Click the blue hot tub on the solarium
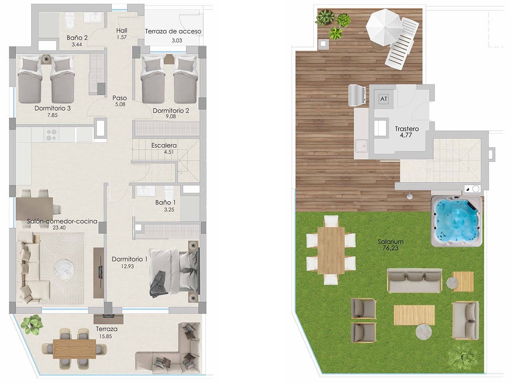[x=456, y=222]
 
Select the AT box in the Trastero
[x=384, y=99]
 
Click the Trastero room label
[x=407, y=129]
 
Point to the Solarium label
[x=390, y=241]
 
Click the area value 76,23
[x=390, y=248]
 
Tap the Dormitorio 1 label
[x=130, y=259]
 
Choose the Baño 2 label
[x=77, y=38]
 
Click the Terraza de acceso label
[x=173, y=31]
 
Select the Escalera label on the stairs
[x=164, y=146]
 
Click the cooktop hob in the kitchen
[x=50, y=135]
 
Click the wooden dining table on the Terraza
[x=75, y=345]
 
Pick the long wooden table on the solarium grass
[x=332, y=250]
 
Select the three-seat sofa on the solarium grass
[x=414, y=280]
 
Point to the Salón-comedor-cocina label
[x=62, y=221]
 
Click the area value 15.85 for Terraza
[x=107, y=336]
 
